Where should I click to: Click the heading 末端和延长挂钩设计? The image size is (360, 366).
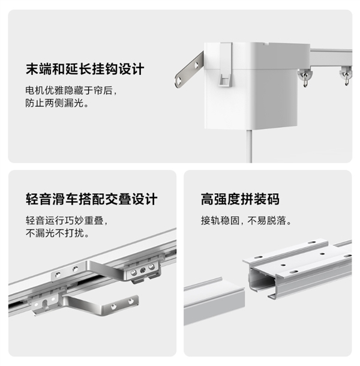(85, 69)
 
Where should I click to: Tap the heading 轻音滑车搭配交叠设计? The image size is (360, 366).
(92, 199)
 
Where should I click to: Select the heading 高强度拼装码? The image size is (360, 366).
(240, 199)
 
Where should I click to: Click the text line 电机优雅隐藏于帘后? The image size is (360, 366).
(71, 91)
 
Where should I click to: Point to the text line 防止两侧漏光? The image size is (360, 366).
(57, 103)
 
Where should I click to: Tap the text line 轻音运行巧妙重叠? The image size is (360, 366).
(67, 220)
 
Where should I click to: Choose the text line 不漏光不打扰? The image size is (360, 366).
(58, 233)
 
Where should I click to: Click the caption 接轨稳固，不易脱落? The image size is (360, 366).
(247, 220)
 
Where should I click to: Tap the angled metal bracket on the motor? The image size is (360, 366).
(188, 70)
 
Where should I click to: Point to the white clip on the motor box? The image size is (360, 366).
(225, 64)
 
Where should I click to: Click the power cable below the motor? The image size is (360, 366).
(249, 146)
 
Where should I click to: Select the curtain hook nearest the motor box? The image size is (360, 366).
(304, 76)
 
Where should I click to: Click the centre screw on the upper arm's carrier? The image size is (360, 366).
(142, 270)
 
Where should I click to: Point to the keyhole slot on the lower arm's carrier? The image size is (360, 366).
(45, 303)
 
